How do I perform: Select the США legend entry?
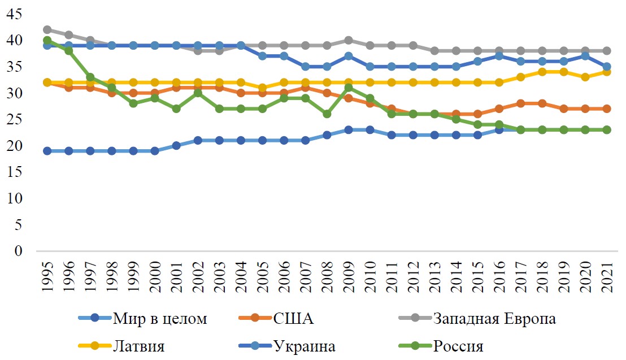293,319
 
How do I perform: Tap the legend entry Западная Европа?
494,319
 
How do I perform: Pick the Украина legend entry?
304,346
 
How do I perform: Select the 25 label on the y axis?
15,120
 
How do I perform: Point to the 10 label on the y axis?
15,199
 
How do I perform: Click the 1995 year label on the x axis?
47,277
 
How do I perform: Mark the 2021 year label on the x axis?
607,277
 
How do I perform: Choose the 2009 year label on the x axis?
349,277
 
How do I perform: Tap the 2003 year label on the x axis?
219,277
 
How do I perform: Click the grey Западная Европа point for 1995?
47,29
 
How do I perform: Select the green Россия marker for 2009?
349,88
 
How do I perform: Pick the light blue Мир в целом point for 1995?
47,151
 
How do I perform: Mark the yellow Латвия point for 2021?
607,72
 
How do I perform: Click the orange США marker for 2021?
607,109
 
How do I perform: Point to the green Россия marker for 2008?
327,114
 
